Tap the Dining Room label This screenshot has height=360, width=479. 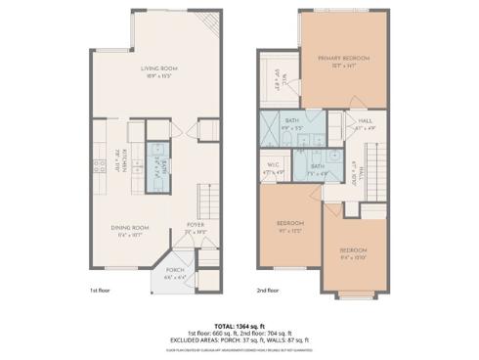[x=128, y=230]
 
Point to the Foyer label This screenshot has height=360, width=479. [x=196, y=228]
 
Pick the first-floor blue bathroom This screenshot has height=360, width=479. [x=157, y=167]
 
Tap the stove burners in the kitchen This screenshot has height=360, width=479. [x=99, y=165]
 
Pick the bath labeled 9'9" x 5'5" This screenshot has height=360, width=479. [x=292, y=124]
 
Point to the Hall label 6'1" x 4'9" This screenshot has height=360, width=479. [x=339, y=123]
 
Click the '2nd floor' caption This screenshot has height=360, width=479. [x=268, y=291]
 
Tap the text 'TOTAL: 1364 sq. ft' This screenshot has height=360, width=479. [x=239, y=326]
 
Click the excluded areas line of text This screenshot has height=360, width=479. [x=239, y=339]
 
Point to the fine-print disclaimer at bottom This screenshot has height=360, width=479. [x=239, y=348]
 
